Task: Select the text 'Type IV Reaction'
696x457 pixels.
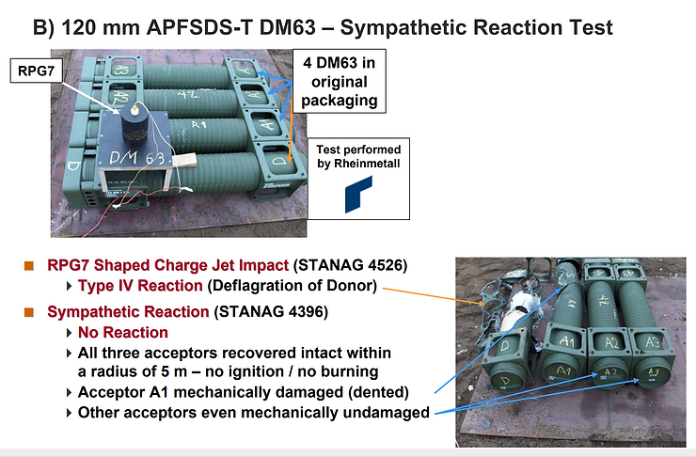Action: [139, 285]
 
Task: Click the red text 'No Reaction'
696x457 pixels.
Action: [123, 332]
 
